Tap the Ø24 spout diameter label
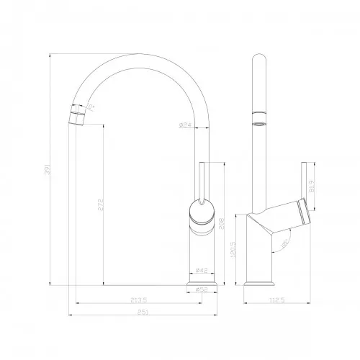pos(185,125)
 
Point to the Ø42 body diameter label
pos(202,271)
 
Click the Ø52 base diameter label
pos(202,290)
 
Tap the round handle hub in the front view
pos(202,212)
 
